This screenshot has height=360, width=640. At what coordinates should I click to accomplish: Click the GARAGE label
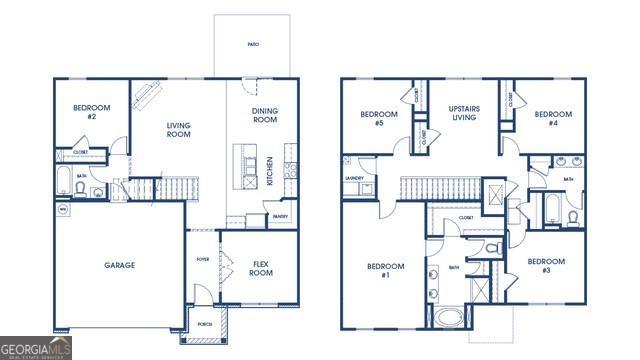coord(120,265)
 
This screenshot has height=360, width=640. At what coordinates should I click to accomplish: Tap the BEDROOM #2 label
coord(91,111)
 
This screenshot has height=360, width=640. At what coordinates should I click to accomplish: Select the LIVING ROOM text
coord(178,130)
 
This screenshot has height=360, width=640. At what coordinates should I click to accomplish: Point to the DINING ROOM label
coord(264,114)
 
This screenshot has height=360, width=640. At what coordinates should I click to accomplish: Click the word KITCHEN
coord(270,170)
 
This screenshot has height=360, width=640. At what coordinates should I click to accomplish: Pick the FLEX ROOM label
coord(262,268)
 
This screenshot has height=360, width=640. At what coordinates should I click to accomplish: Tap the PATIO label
coord(255,45)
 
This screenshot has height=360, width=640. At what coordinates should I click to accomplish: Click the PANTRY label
coord(281,216)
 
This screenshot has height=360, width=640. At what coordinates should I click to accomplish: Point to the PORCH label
coord(204,324)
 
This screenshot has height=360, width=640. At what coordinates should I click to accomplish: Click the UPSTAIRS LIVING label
coord(463,112)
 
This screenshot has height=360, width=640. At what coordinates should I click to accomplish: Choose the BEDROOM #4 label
coord(552,114)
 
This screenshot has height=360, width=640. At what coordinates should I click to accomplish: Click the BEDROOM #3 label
coord(546,266)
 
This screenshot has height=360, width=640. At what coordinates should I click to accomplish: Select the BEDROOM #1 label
coord(385,270)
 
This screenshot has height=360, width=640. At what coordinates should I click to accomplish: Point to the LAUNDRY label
coord(354,178)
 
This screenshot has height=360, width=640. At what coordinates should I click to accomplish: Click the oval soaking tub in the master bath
coord(447,319)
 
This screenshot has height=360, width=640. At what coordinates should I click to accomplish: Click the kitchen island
coord(242,167)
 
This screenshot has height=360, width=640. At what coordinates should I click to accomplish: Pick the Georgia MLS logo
coord(36,347)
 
